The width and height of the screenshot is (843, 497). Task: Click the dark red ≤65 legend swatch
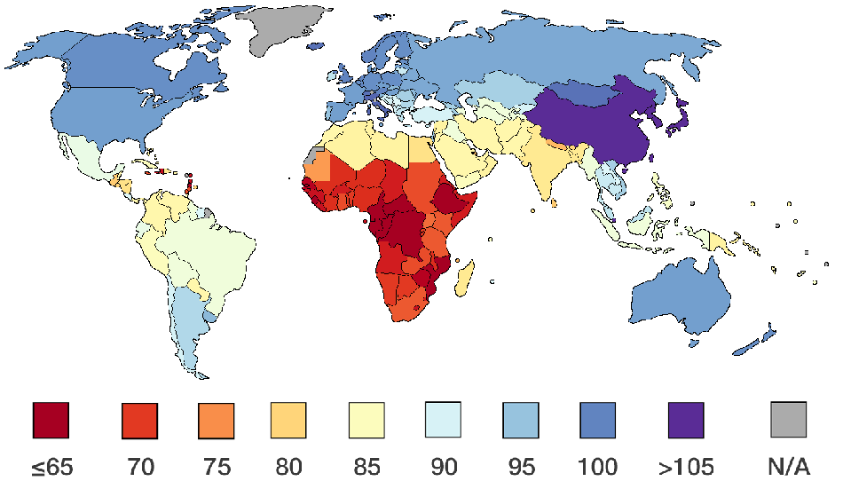pyautogui.click(x=51, y=420)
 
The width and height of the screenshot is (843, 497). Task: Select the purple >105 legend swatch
pyautogui.click(x=685, y=420)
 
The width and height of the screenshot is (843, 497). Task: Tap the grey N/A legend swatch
pyautogui.click(x=789, y=420)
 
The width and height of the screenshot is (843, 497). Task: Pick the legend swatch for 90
pyautogui.click(x=443, y=420)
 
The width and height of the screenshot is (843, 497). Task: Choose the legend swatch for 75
pyautogui.click(x=216, y=420)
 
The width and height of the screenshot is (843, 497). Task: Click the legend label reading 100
pyautogui.click(x=597, y=466)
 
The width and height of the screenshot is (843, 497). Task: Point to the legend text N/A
pyautogui.click(x=789, y=466)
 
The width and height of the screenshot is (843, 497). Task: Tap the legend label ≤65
pyautogui.click(x=51, y=466)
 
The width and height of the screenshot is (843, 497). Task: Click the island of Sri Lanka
pyautogui.click(x=554, y=202)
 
